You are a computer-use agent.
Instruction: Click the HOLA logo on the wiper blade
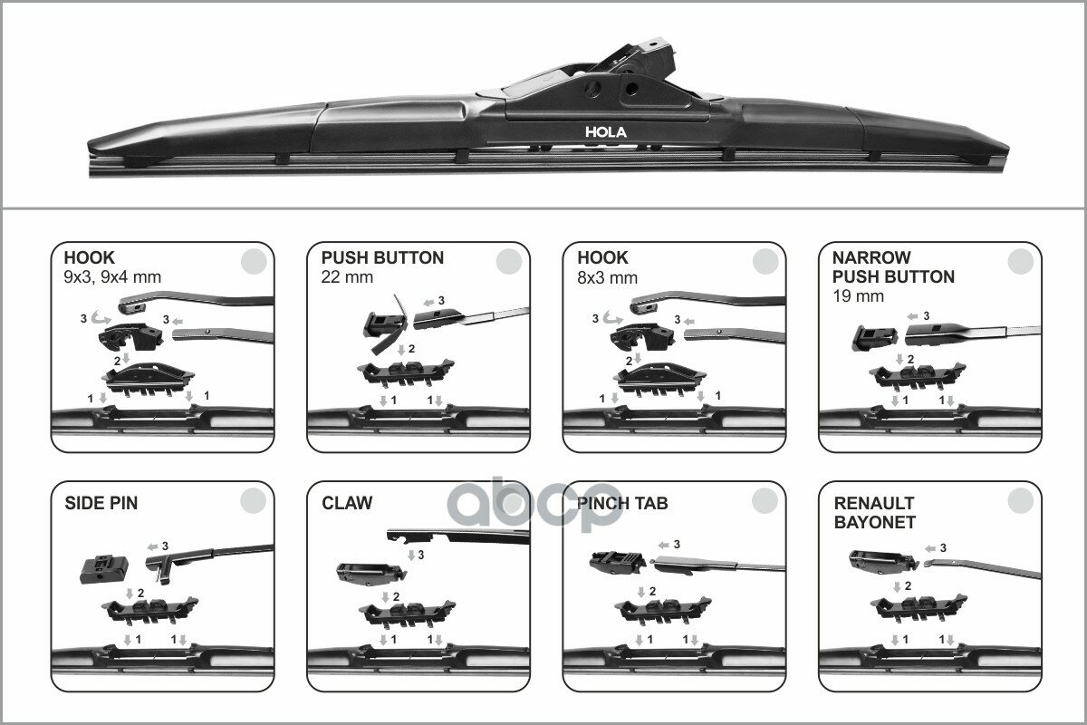pos(605,131)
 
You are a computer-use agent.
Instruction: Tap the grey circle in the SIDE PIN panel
pos(254,501)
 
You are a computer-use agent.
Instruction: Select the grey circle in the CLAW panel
pos(510,501)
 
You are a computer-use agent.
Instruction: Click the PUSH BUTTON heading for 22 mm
pos(382,258)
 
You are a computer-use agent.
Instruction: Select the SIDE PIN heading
pos(101,503)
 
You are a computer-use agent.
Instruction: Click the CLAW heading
pos(347,503)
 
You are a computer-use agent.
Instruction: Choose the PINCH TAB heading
pos(622,503)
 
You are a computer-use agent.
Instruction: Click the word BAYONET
pos(874,522)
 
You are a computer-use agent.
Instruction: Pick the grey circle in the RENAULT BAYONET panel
pos(1021,501)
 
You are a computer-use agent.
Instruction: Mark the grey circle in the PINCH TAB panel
pos(765,501)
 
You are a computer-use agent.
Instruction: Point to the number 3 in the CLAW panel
pos(420,555)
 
